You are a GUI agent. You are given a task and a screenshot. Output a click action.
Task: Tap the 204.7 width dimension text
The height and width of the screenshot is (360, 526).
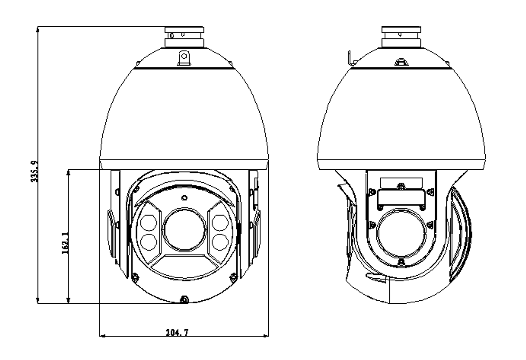point(177,332)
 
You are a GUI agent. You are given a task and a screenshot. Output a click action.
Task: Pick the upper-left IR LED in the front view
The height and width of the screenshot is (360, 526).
point(148,223)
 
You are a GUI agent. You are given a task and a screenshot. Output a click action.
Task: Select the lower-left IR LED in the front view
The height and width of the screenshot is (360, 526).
point(148,242)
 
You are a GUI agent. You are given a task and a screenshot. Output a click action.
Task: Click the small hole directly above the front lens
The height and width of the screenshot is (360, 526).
point(185,198)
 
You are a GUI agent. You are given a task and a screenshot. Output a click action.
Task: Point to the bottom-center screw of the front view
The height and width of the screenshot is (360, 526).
point(185,300)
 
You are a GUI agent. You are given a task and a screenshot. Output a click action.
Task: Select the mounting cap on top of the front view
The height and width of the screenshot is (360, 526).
point(184,37)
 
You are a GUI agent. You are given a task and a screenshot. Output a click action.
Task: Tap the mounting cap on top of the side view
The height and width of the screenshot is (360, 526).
point(401,37)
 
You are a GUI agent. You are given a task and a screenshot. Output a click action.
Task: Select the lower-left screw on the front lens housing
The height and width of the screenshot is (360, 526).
point(135,276)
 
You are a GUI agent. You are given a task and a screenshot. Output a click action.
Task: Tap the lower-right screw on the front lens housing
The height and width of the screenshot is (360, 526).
point(233,276)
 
